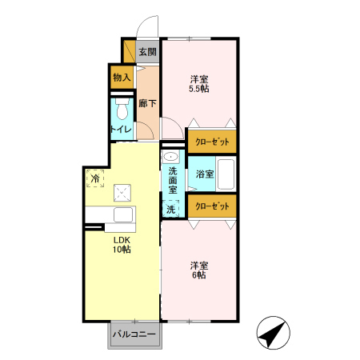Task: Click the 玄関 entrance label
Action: [147, 51]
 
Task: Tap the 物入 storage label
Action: [122, 78]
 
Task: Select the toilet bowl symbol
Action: [122, 109]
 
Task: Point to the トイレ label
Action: [121, 130]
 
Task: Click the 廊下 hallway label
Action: [147, 103]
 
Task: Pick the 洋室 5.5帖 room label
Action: [199, 84]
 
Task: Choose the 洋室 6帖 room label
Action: [199, 270]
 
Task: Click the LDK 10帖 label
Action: [122, 245]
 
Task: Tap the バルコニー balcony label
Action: [134, 334]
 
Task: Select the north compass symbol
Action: [273, 333]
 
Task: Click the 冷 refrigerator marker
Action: [95, 178]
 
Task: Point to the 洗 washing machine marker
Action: [170, 209]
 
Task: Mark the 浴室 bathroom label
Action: [205, 174]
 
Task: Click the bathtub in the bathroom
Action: [226, 174]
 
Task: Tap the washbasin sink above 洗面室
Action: [170, 157]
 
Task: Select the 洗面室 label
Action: [173, 181]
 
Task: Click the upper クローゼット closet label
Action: [212, 142]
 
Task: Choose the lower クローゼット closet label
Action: [212, 206]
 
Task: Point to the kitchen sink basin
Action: [123, 214]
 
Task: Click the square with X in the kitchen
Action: [122, 193]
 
